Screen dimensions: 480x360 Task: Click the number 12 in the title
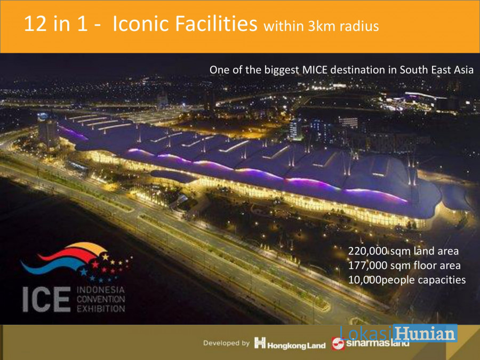(x=35, y=23)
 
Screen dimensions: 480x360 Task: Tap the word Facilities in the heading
(x=216, y=23)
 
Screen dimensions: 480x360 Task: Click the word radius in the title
(x=359, y=26)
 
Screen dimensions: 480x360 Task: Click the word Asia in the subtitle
(x=463, y=70)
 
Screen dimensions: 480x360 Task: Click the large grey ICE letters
(x=46, y=299)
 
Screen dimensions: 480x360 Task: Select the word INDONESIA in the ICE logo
(x=101, y=290)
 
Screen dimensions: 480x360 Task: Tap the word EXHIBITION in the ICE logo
(x=101, y=308)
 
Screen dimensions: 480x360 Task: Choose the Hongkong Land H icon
(x=260, y=343)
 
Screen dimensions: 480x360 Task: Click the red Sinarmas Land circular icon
(x=338, y=343)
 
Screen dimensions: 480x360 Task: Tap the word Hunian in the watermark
(x=426, y=333)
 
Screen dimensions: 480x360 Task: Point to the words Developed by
(x=226, y=343)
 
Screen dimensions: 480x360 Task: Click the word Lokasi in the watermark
(x=366, y=333)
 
